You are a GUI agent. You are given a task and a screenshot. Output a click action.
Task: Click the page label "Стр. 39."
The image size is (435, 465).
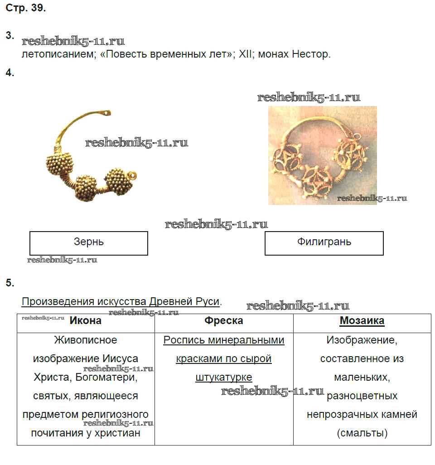click(x=25, y=9)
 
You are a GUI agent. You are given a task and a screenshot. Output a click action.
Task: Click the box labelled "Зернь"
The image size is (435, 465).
click(x=89, y=243)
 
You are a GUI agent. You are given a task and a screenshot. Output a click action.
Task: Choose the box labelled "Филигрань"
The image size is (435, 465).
click(x=324, y=243)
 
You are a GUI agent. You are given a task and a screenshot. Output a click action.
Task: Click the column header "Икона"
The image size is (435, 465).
click(x=86, y=321)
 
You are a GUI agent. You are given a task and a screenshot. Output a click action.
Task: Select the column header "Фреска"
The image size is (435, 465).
click(x=224, y=321)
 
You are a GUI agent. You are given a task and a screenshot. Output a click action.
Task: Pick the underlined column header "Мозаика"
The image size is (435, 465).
click(x=362, y=321)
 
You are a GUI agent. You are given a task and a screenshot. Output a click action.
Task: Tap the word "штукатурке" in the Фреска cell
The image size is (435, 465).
click(x=224, y=378)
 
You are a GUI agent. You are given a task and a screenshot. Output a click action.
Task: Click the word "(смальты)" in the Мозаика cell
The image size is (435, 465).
click(x=362, y=433)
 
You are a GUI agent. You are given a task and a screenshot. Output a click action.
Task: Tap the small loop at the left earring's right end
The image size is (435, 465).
click(x=132, y=175)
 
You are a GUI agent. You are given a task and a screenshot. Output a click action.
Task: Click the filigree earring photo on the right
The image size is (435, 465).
click(x=322, y=155)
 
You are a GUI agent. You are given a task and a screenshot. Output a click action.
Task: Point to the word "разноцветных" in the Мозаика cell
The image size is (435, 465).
click(x=362, y=396)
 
